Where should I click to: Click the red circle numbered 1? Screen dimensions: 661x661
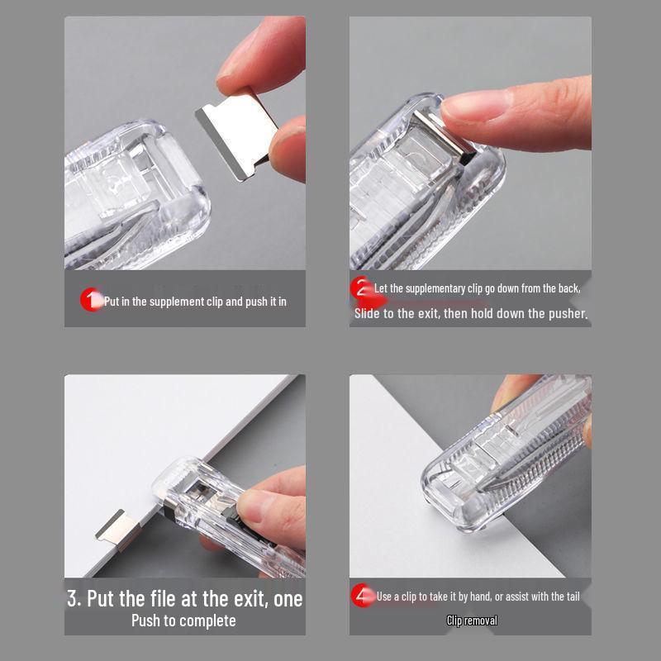point(90,299)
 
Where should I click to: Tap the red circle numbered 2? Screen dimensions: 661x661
point(361,288)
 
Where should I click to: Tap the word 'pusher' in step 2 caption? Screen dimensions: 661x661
point(568,314)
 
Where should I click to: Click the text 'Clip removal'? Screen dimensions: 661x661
point(472,621)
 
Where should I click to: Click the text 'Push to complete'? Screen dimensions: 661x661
point(183,621)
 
